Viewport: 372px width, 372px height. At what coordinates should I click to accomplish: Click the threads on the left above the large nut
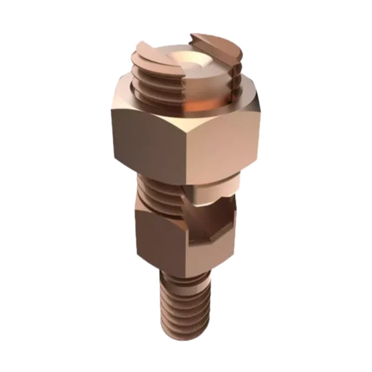(x=148, y=86)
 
